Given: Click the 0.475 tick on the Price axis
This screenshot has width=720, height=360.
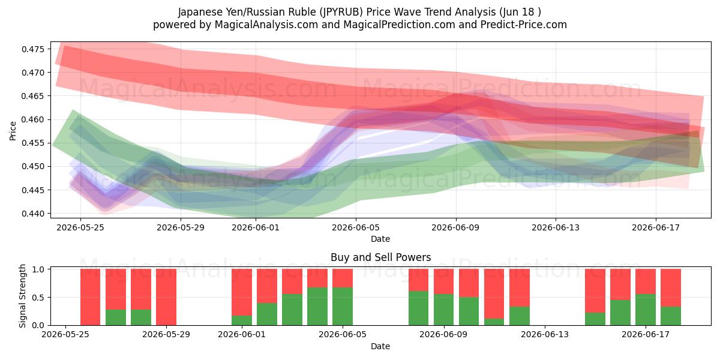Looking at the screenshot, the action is point(33,49).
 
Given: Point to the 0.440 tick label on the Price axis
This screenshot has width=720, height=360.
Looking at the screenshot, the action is point(33,214).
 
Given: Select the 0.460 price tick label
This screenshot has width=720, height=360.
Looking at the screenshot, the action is point(33,119).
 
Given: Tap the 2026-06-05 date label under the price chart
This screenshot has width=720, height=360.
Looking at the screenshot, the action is point(355,227).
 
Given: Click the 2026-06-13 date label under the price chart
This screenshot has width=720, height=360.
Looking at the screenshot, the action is point(556,227).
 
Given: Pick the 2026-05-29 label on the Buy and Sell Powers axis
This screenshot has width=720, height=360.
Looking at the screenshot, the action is point(166,335).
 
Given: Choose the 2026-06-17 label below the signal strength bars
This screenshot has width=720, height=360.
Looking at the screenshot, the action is point(646,335).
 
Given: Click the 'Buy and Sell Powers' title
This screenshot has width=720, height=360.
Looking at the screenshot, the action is point(380,257).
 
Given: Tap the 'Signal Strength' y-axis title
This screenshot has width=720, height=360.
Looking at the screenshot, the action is point(22,296).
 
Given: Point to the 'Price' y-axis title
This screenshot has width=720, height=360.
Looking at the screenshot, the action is point(13,131).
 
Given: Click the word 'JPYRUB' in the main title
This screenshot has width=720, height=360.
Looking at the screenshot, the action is point(341,12).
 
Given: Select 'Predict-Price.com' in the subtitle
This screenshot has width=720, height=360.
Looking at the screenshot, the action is point(524,25).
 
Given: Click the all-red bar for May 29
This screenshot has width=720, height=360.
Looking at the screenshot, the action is point(166,297).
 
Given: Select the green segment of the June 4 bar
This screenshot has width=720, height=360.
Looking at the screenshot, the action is point(317,307).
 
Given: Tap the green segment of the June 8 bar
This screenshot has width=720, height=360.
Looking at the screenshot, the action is point(419,308).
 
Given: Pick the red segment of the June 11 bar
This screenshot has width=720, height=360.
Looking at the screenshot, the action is point(494,294).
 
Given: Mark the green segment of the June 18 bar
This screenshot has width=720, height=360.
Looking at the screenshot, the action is point(671,316).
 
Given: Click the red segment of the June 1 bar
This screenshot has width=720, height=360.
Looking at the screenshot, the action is point(242,292).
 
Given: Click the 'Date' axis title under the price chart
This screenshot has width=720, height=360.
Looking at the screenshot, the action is point(380,239).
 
